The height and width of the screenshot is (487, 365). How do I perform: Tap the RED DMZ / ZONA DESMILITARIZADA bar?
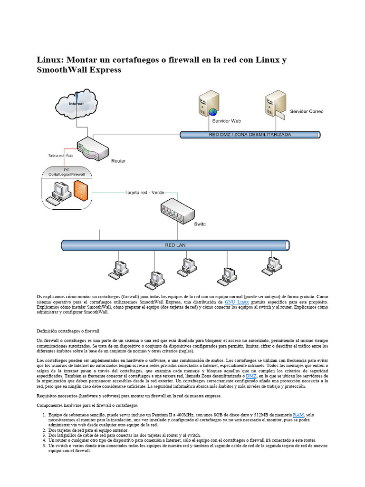pos(250,135)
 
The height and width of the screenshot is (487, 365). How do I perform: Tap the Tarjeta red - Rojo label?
pos(60,156)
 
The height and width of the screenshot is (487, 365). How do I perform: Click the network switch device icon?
pos(175,212)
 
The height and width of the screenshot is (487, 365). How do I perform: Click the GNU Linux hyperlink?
pos(237,302)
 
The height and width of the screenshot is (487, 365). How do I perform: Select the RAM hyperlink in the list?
pos(298,415)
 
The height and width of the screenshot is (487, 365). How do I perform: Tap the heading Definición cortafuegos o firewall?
pos(68,331)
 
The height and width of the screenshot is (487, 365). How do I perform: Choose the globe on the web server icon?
pos(213,112)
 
